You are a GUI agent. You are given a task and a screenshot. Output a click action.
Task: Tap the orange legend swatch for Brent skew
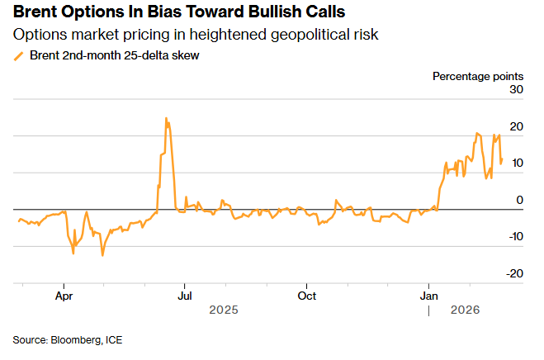pyautogui.click(x=19, y=56)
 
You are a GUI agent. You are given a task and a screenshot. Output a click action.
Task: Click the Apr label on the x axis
pyautogui.click(x=64, y=295)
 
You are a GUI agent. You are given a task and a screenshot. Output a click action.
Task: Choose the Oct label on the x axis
pyautogui.click(x=307, y=295)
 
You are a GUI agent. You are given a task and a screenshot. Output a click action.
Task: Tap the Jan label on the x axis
pyautogui.click(x=429, y=295)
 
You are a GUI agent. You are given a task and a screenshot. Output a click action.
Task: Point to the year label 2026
pyautogui.click(x=465, y=310)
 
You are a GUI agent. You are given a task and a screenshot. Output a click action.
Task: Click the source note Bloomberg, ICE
pyautogui.click(x=67, y=339)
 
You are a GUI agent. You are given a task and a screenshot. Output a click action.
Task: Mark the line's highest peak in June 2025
pyautogui.click(x=166, y=118)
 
